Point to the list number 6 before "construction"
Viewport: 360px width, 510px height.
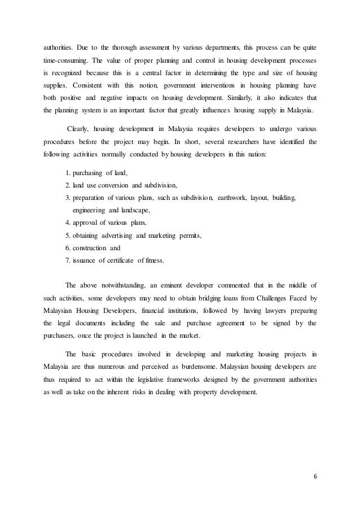pyautogui.click(x=68, y=247)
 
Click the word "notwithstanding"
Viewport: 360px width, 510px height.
pyautogui.click(x=129, y=285)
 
